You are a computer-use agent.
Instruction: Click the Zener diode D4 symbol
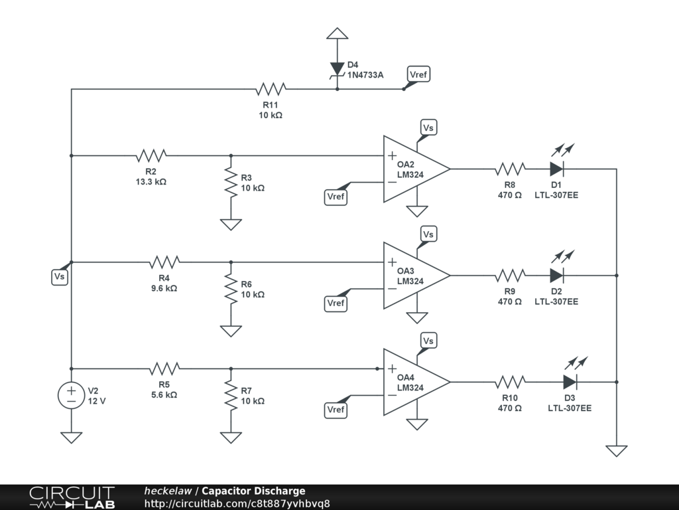338,68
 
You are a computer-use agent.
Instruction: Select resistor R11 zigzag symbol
271,89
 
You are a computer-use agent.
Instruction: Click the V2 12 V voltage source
71,395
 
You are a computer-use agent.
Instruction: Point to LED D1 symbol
556,169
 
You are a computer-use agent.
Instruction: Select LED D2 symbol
556,275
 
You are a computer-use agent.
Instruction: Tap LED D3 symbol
570,382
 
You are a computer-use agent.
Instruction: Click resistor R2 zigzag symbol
151,155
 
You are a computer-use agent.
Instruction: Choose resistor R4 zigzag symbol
164,262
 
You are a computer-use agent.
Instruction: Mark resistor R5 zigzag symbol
164,369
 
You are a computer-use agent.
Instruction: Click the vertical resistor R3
231,182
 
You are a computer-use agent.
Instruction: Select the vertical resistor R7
231,395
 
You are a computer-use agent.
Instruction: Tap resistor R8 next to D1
510,169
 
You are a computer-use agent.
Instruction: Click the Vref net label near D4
418,74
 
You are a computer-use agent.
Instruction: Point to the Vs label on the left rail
59,277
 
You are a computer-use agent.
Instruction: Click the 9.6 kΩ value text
164,288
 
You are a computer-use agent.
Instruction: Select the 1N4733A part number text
365,75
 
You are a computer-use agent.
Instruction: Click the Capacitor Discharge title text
253,491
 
